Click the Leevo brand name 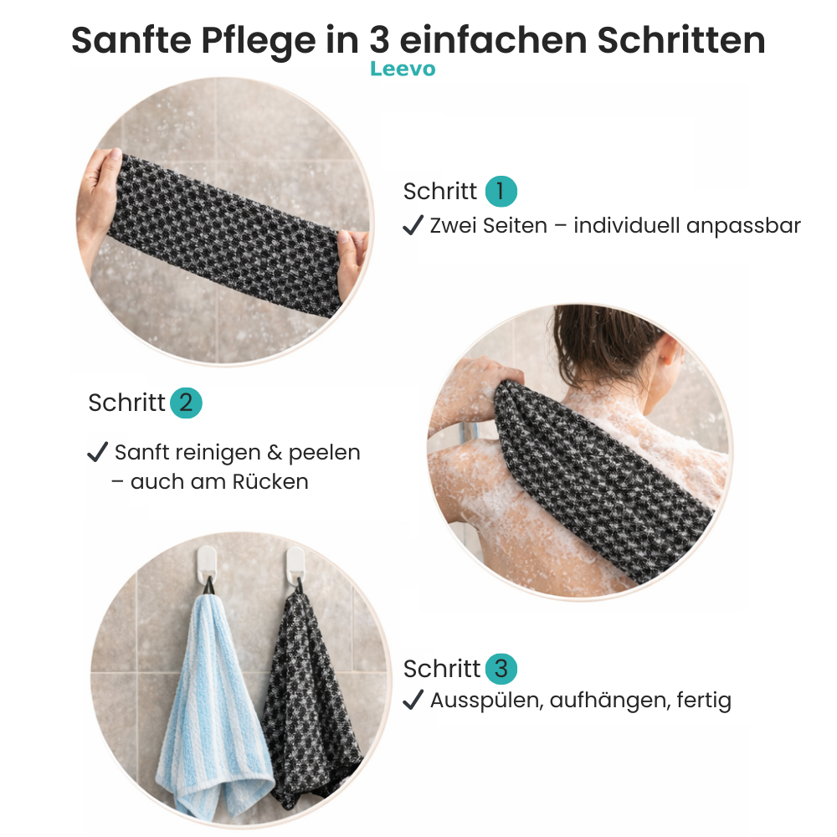pyautogui.click(x=403, y=69)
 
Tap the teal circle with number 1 pyautogui.click(x=501, y=192)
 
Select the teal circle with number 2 pyautogui.click(x=186, y=403)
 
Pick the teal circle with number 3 pyautogui.click(x=501, y=669)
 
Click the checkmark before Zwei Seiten pyautogui.click(x=413, y=225)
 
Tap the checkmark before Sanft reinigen pyautogui.click(x=97, y=453)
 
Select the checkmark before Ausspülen pyautogui.click(x=413, y=700)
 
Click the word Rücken pyautogui.click(x=272, y=482)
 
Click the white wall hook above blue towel pyautogui.click(x=206, y=562)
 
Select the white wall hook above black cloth pyautogui.click(x=295, y=562)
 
